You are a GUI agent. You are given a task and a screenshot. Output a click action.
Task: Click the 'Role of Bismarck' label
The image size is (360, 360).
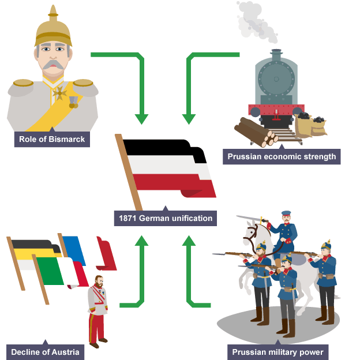tap(52, 139)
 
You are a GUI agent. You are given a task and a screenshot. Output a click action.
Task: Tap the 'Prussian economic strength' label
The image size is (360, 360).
tap(282, 156)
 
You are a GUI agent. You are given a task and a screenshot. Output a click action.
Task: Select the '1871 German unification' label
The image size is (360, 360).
tap(166, 219)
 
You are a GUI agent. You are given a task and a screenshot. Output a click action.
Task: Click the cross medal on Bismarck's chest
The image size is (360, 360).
tap(60, 92)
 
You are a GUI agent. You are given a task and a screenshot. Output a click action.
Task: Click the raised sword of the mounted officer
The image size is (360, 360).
tap(251, 219)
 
